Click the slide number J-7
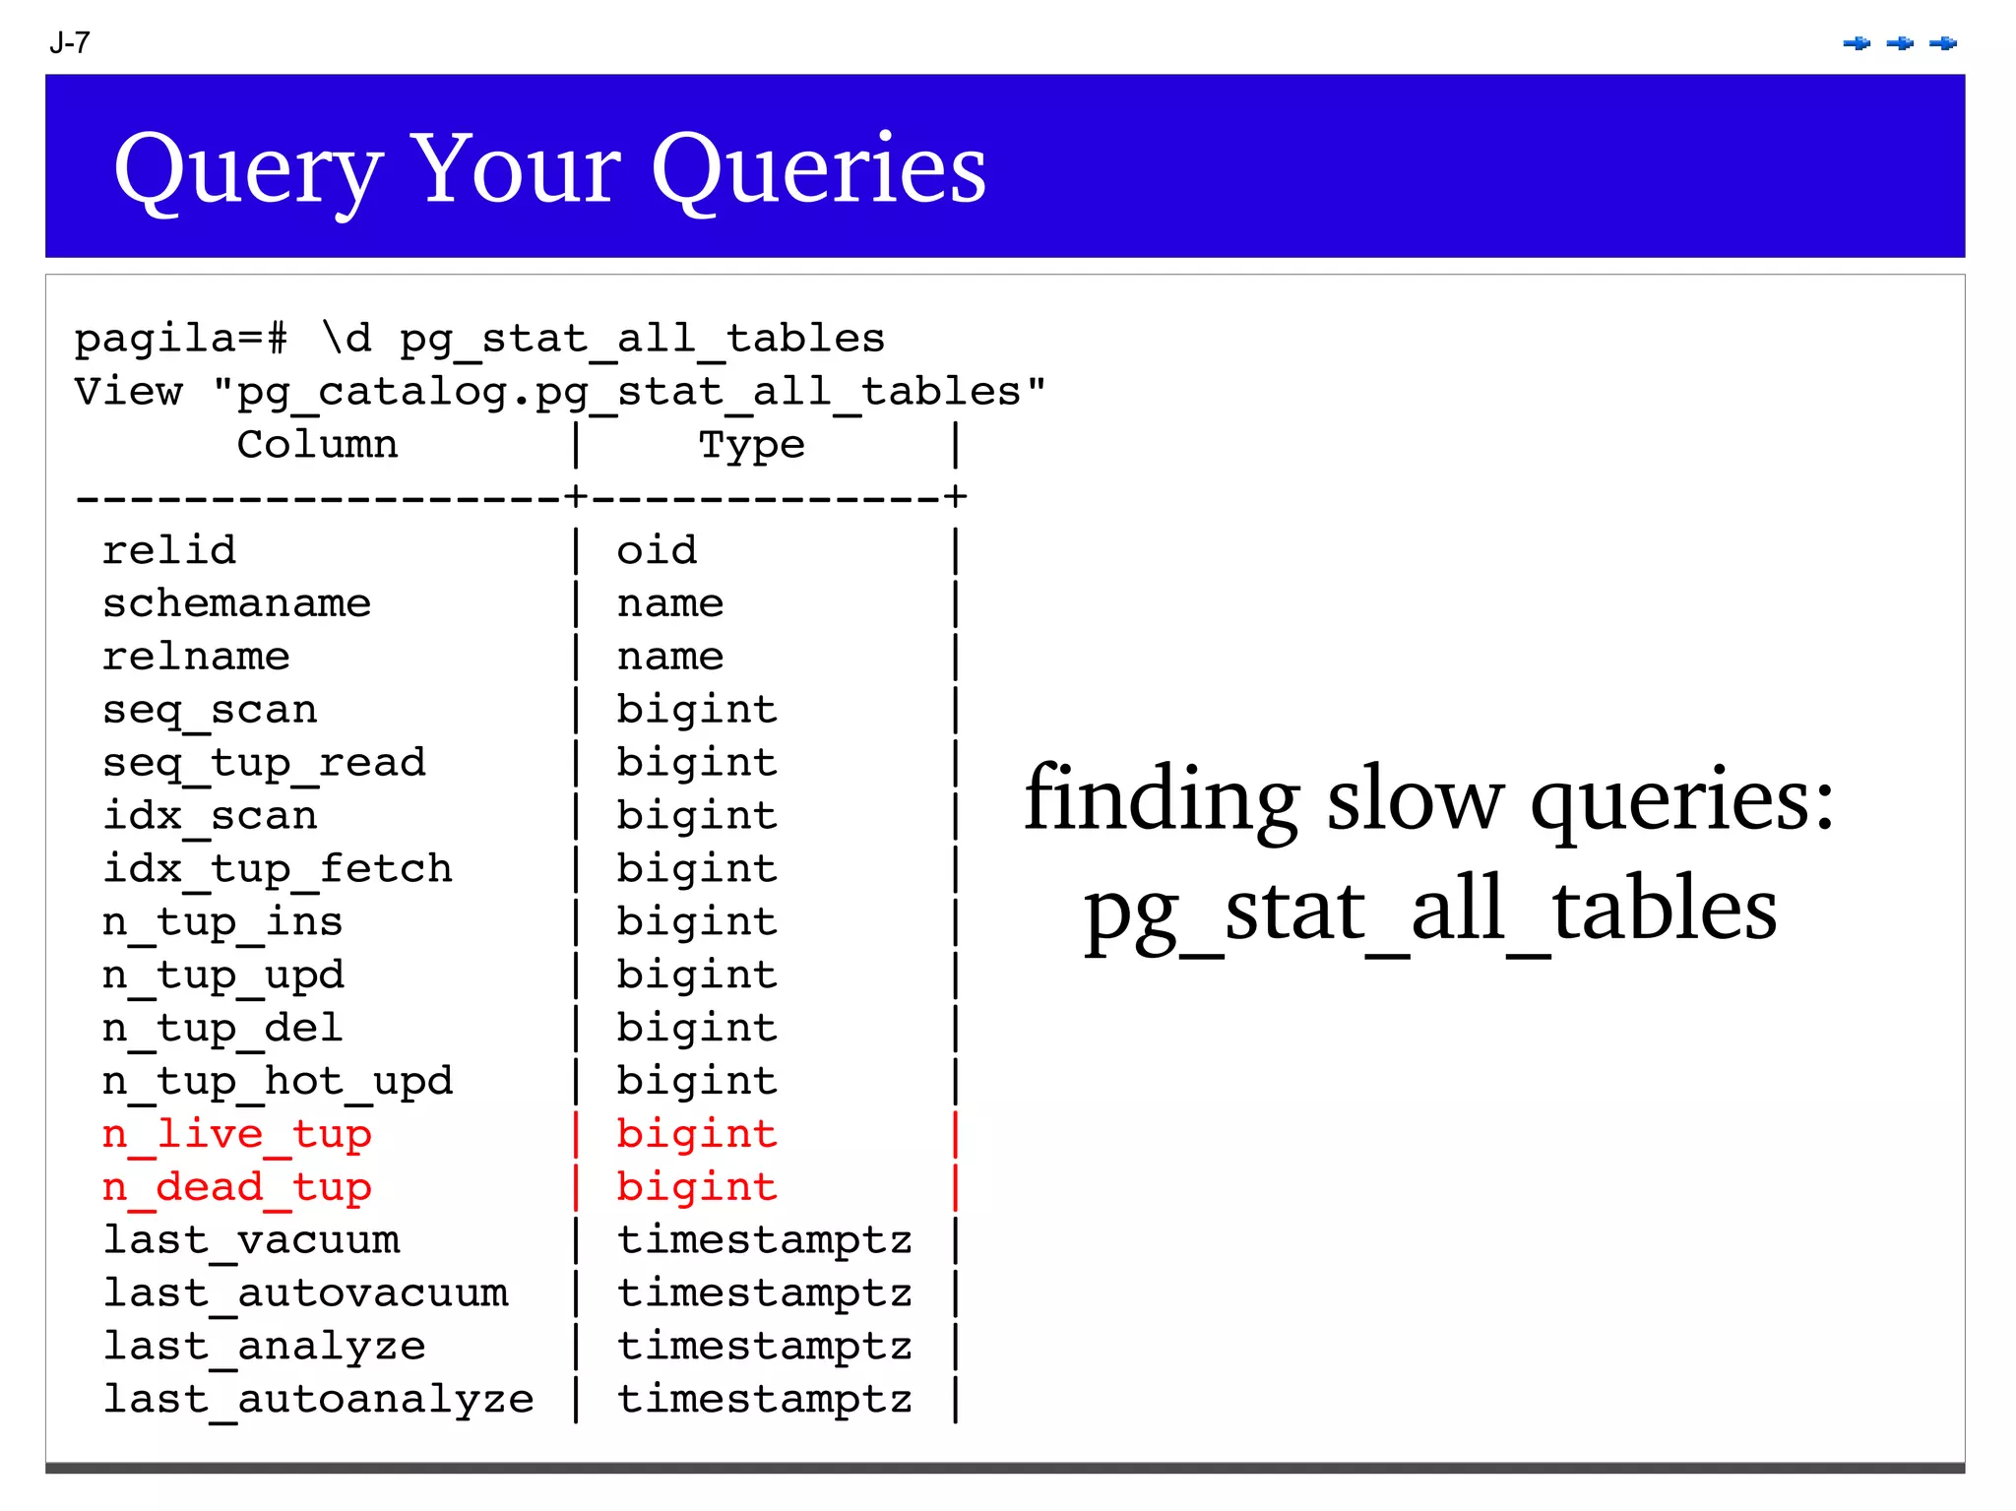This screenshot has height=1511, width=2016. (70, 43)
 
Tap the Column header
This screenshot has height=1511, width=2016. (317, 445)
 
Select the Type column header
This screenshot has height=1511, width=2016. (751, 445)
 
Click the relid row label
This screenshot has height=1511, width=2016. (169, 550)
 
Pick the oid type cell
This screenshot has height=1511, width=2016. (657, 550)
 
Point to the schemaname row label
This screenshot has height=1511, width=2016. (236, 603)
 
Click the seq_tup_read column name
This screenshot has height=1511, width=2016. (264, 763)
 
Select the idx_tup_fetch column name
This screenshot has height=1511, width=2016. (278, 869)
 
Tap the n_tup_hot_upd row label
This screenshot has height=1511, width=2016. (278, 1082)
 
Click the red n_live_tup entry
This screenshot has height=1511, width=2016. (237, 1135)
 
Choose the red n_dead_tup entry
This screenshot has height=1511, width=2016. (237, 1188)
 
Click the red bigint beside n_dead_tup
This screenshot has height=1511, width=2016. (697, 1188)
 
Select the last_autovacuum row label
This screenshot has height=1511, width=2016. (305, 1293)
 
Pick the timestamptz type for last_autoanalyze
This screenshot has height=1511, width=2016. (765, 1400)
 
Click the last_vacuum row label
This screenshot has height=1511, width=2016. (251, 1240)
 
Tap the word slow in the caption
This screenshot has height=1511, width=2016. (1415, 799)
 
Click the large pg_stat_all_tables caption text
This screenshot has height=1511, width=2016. (1430, 910)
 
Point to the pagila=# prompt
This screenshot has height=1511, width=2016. (181, 340)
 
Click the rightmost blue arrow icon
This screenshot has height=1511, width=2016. (1943, 43)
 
